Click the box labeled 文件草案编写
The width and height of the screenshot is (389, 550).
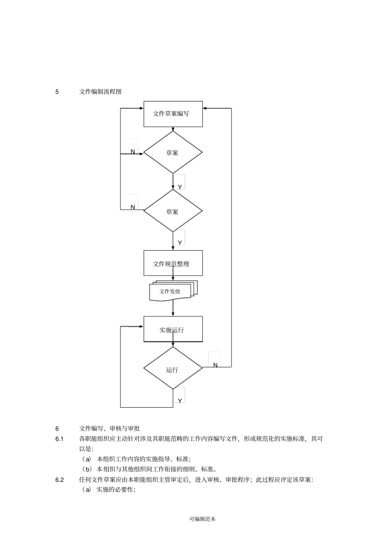click(173, 114)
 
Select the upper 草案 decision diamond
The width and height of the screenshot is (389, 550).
click(173, 153)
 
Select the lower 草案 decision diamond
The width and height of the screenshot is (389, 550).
click(173, 211)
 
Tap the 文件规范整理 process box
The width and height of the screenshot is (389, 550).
click(173, 263)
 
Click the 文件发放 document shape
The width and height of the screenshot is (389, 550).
click(171, 292)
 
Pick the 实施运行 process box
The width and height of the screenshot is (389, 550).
click(173, 329)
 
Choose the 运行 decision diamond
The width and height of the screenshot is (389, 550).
click(173, 369)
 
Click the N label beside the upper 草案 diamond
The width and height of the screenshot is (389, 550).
click(133, 151)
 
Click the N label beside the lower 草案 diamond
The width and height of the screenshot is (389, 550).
click(133, 207)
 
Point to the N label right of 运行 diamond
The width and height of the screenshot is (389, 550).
click(215, 365)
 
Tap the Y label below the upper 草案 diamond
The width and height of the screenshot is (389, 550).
click(180, 187)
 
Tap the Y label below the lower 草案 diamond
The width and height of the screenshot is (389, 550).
click(180, 243)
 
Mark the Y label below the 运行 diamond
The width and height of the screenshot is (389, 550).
click(180, 401)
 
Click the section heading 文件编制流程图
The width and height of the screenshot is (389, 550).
click(100, 92)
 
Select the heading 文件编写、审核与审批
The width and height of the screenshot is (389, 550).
click(109, 429)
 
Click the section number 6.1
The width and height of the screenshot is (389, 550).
click(59, 439)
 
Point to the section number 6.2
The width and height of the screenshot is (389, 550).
click(59, 480)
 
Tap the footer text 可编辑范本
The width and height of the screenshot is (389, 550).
click(203, 519)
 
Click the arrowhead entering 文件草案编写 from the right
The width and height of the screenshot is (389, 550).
click(205, 108)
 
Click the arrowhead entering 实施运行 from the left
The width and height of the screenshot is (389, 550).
click(141, 326)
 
